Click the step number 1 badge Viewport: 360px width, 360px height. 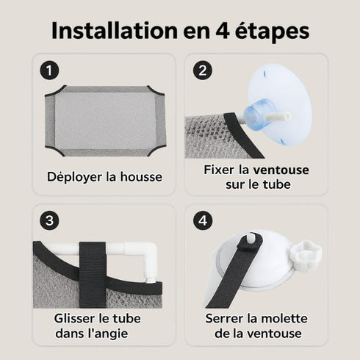tap(48, 71)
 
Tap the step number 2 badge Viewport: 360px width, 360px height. tap(201, 71)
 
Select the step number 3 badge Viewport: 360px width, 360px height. tap(48, 221)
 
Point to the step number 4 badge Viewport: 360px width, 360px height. tap(201, 221)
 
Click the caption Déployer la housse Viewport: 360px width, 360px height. tap(104, 177)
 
